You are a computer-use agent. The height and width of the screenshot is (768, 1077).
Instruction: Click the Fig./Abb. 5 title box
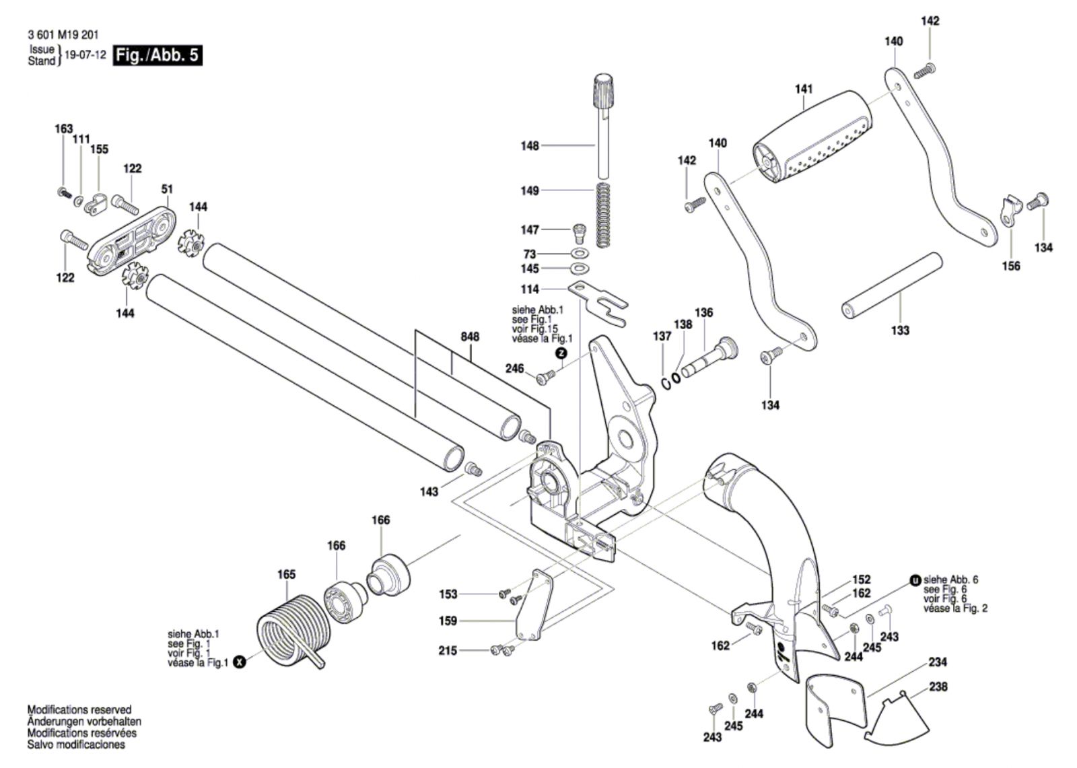(158, 55)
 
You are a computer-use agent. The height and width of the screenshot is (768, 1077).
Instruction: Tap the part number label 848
(470, 337)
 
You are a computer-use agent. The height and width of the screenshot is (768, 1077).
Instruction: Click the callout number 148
(530, 145)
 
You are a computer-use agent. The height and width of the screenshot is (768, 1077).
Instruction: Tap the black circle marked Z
(561, 353)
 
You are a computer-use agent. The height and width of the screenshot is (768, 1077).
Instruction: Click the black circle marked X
(240, 663)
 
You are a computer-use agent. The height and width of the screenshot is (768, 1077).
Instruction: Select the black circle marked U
(914, 580)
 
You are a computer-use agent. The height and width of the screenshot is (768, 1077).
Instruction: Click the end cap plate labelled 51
(131, 240)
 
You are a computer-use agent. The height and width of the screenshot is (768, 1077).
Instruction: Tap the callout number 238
(938, 687)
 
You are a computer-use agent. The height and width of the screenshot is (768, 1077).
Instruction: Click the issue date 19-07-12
(85, 55)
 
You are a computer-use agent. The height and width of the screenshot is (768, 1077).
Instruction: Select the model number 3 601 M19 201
(63, 34)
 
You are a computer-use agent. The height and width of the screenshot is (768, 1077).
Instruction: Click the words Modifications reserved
(79, 709)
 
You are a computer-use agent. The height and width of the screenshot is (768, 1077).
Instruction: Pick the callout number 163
(63, 129)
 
